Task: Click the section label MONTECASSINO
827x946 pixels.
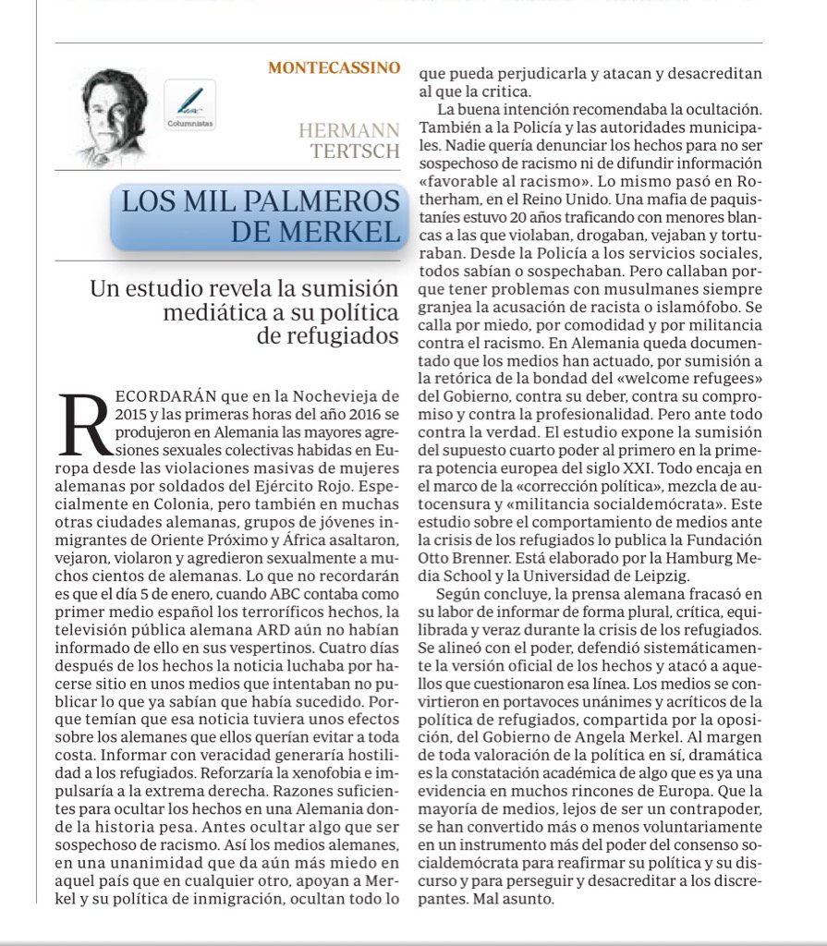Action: pyautogui.click(x=334, y=67)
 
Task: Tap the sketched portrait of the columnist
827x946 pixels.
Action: pyautogui.click(x=112, y=117)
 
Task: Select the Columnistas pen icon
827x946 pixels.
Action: pyautogui.click(x=190, y=103)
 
